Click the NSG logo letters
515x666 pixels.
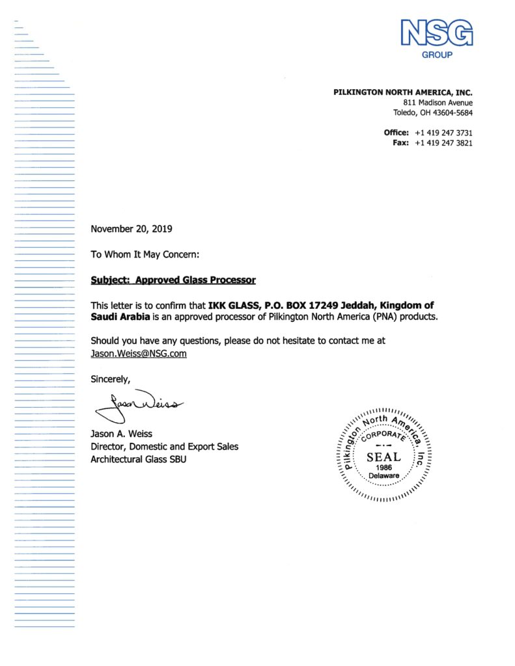coord(437,33)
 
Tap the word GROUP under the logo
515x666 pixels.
coord(437,55)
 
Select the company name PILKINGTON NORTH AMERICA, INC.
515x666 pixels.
coord(403,92)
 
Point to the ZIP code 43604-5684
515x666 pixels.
coord(452,113)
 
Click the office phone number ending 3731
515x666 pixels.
coord(443,133)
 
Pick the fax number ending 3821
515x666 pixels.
coord(443,142)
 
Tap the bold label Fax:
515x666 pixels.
coord(400,142)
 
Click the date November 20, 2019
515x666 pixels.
coord(132,228)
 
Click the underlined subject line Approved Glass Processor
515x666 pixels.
coord(173,280)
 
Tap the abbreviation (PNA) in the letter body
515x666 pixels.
coord(388,317)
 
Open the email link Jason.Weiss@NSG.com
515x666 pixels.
coord(139,353)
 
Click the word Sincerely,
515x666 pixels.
coord(111,379)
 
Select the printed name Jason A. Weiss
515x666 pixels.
coord(122,434)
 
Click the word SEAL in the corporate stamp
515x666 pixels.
coord(383,457)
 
